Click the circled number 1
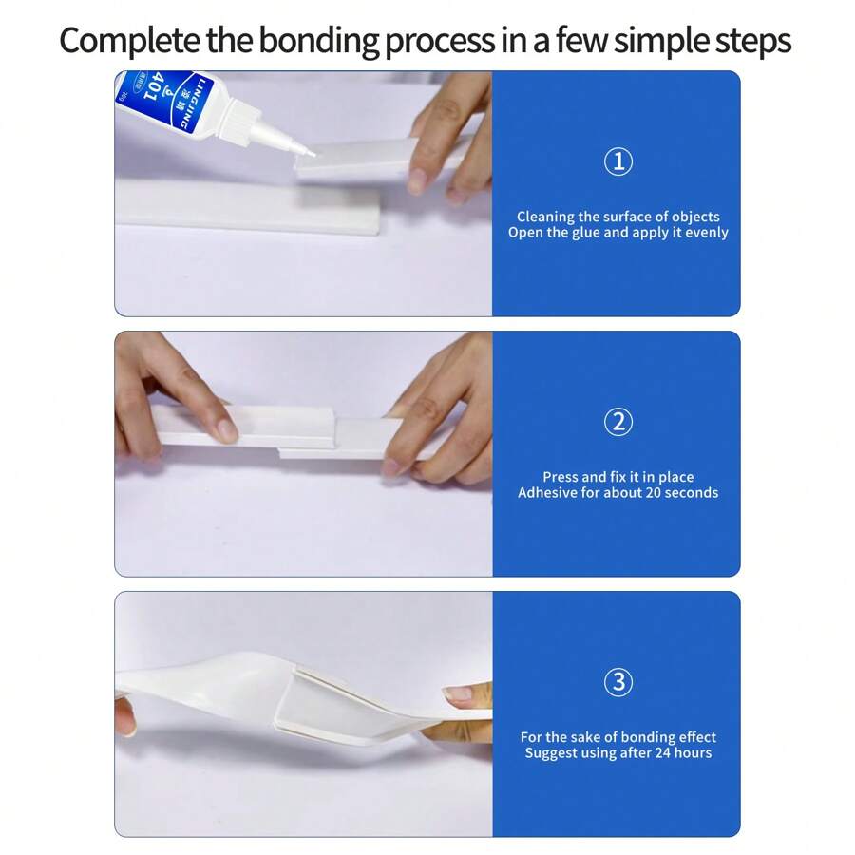pyautogui.click(x=617, y=161)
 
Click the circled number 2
pyautogui.click(x=617, y=422)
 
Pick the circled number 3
pyautogui.click(x=617, y=682)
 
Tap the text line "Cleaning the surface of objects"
pyautogui.click(x=617, y=217)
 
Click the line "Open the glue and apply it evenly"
pyautogui.click(x=617, y=233)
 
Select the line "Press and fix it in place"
pyautogui.click(x=617, y=477)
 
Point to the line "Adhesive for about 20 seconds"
pyautogui.click(x=617, y=493)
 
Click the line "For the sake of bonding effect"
pyautogui.click(x=617, y=737)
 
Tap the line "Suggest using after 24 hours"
pyautogui.click(x=617, y=753)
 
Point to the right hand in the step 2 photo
pyautogui.click(x=446, y=418)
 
